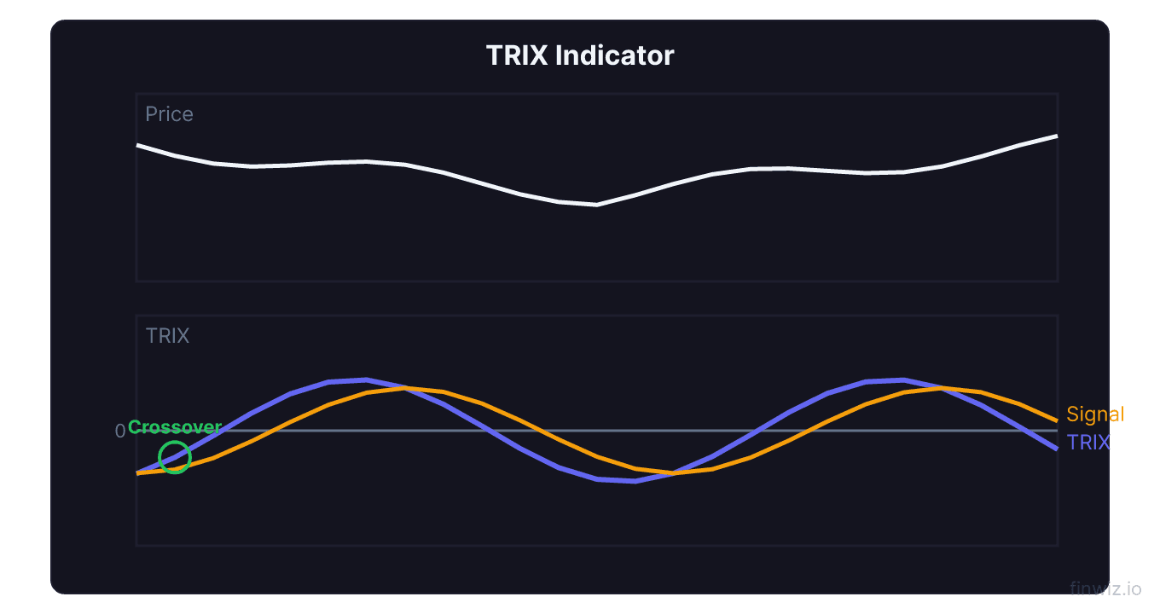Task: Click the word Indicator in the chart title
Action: point(614,55)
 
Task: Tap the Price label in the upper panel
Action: point(169,114)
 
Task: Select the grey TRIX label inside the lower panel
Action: point(167,336)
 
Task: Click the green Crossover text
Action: point(175,427)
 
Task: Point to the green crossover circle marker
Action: point(175,457)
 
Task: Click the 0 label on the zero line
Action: point(120,432)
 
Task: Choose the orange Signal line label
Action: point(1095,414)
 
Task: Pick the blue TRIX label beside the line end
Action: point(1088,442)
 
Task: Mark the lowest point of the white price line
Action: point(596,205)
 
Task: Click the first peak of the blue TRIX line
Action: point(366,379)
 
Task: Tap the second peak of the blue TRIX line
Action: point(903,379)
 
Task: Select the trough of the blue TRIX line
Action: point(635,481)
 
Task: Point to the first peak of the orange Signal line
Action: point(405,388)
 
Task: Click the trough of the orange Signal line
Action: point(673,472)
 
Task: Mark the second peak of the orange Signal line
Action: point(942,388)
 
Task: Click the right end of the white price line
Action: point(1057,136)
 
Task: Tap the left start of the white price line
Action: point(138,145)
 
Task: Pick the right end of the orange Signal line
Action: point(1057,420)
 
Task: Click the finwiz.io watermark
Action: point(1105,588)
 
